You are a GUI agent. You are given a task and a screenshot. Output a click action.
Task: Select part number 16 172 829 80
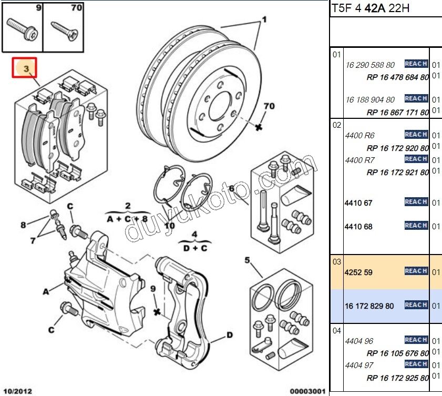click(x=369, y=306)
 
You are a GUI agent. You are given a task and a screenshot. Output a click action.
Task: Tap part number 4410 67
click(x=358, y=203)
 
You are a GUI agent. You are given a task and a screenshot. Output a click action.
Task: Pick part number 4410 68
click(x=358, y=227)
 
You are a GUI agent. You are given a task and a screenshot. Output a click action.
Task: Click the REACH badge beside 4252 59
click(x=416, y=271)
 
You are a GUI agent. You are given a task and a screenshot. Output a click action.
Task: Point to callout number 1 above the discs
click(x=264, y=20)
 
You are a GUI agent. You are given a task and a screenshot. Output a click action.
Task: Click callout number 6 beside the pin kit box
click(x=231, y=188)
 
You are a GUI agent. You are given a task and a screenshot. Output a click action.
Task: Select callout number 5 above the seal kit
click(x=247, y=260)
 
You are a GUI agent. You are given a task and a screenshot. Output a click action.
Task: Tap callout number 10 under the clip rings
click(x=169, y=226)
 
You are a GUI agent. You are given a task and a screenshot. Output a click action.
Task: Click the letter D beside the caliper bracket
click(x=230, y=335)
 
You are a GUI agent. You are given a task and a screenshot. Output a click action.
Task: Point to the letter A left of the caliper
click(x=46, y=291)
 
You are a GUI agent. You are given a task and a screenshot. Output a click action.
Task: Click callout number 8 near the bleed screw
click(x=23, y=225)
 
